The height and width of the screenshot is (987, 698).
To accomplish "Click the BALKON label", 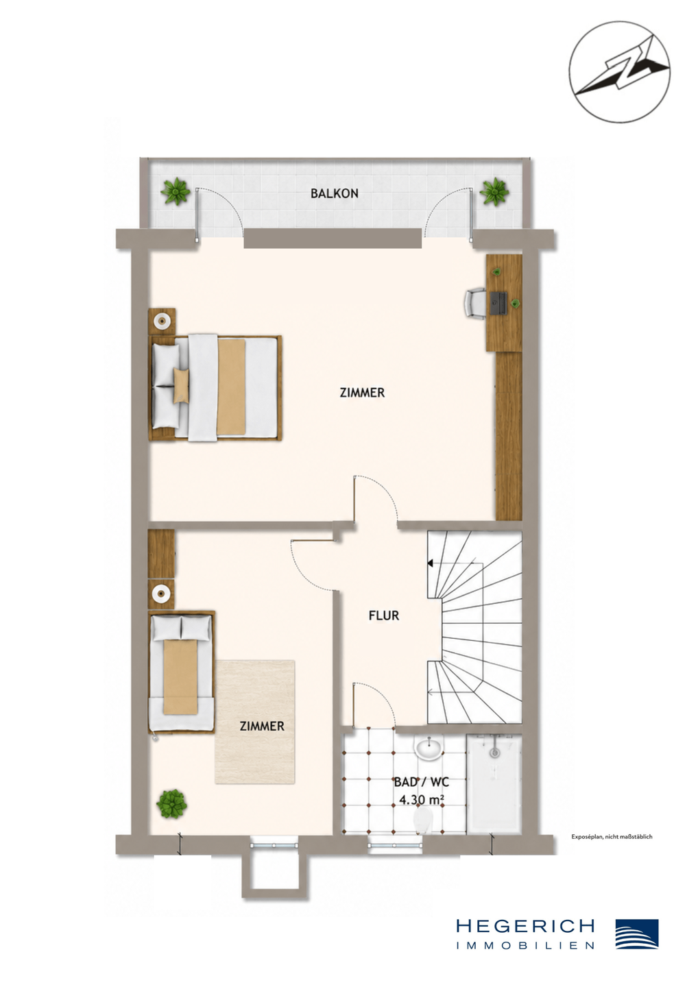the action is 334,193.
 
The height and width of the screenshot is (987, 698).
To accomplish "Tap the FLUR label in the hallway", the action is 384,616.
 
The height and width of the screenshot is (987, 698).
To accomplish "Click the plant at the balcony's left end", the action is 176,191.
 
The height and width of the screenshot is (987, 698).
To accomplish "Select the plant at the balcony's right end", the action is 494,191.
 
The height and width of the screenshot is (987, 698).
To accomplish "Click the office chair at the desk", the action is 475,302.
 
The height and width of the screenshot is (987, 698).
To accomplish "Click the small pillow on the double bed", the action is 181,385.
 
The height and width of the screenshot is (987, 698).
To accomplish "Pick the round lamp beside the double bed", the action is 162,320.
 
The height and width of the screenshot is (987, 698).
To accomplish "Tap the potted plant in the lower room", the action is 171,804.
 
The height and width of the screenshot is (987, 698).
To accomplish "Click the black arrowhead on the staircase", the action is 430,563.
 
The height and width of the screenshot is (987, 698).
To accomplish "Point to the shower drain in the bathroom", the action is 494,753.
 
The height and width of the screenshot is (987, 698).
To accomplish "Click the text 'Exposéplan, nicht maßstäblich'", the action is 612,837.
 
